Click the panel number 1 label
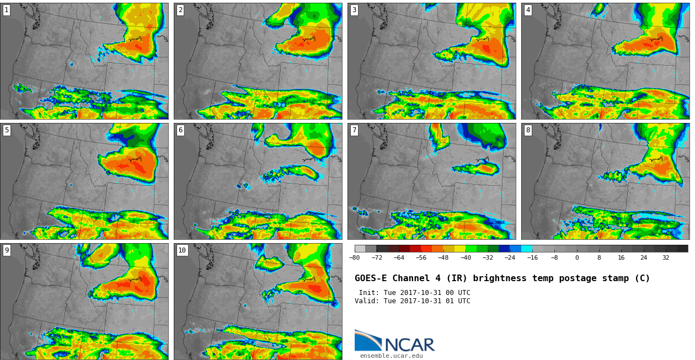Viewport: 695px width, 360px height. tap(7, 10)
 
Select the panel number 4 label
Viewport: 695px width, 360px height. tap(528, 10)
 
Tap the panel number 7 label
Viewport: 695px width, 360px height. tap(354, 130)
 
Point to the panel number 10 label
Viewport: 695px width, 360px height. tap(182, 250)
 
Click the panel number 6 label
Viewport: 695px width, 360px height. tap(180, 130)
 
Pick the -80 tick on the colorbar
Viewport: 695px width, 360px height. tap(354, 257)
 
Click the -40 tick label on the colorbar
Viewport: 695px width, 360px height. tap(466, 257)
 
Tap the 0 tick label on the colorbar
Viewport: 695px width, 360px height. tap(577, 257)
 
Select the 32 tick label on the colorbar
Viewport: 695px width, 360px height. tap(666, 257)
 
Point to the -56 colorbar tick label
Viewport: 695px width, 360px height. tap(421, 257)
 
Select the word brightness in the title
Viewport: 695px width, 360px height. tap(500, 278)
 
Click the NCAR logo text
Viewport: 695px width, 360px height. tap(410, 345)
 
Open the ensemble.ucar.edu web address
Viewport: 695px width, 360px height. tap(391, 356)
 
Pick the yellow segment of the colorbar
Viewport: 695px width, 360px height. tap(460, 249)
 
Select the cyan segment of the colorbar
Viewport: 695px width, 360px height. tap(527, 249)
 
